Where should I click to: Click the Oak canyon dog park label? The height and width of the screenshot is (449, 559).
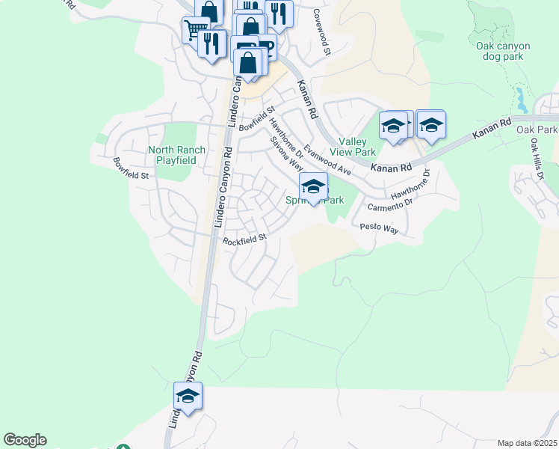click(503, 51)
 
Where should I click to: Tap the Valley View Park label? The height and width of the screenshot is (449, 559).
click(353, 147)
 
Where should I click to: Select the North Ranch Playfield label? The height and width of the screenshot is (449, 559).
click(176, 155)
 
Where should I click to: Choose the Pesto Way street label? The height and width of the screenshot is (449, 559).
click(380, 226)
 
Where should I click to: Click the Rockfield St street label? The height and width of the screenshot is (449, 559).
click(244, 239)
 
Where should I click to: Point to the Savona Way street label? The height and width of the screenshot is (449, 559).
click(285, 153)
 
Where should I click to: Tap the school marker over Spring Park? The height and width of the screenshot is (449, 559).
click(313, 186)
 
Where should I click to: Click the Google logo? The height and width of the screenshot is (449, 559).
click(25, 440)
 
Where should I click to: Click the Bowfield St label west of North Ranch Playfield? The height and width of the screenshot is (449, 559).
click(132, 168)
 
